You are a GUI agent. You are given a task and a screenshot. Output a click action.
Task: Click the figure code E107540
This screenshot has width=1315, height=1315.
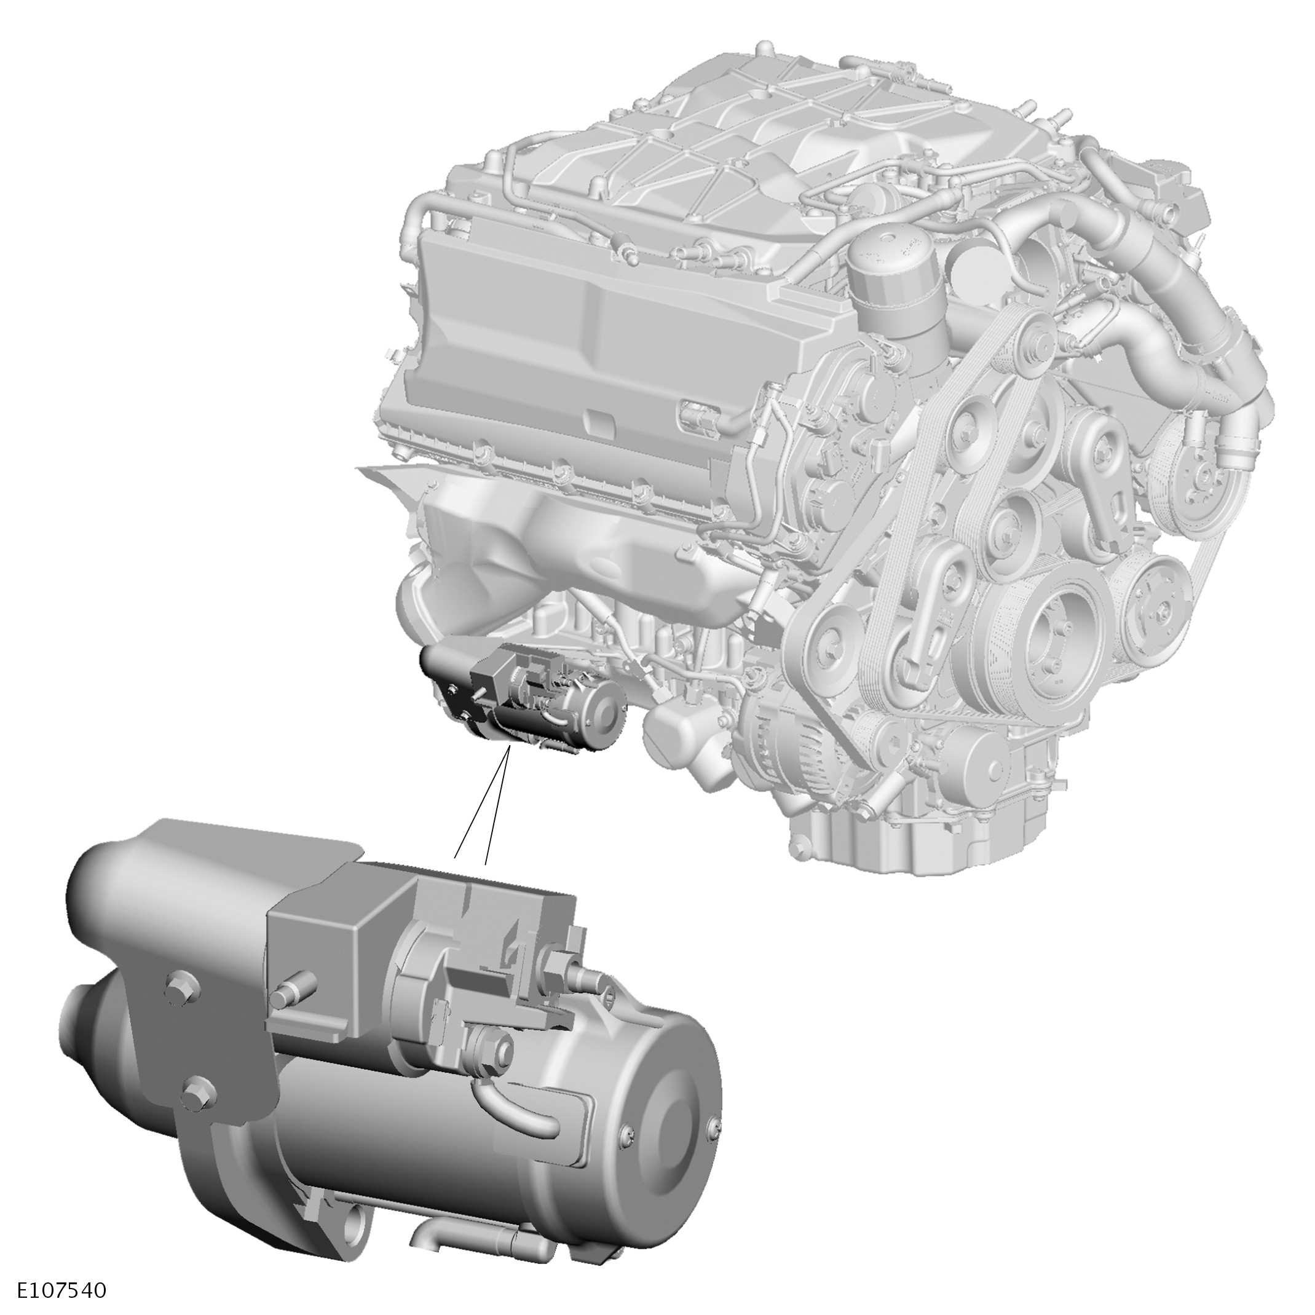point(63,1290)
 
